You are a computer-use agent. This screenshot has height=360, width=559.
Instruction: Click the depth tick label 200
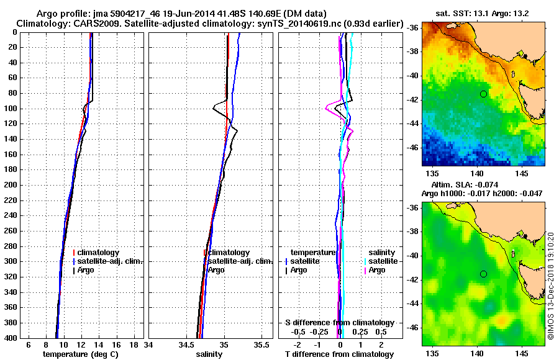click(11, 185)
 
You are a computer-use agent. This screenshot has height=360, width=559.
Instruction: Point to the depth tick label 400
click(11, 338)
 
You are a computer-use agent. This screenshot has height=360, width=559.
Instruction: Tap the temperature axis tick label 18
click(134, 344)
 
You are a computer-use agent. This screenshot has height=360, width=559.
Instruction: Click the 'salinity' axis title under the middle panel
click(207, 354)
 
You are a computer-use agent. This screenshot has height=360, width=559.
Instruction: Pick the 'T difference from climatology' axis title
click(340, 354)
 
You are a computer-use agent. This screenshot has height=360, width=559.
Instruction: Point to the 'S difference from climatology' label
click(340, 323)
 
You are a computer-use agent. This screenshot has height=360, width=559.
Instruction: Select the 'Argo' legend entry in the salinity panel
click(217, 270)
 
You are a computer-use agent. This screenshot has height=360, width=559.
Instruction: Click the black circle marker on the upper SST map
click(483, 94)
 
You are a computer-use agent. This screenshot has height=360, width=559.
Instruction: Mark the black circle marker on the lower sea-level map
click(483, 274)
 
